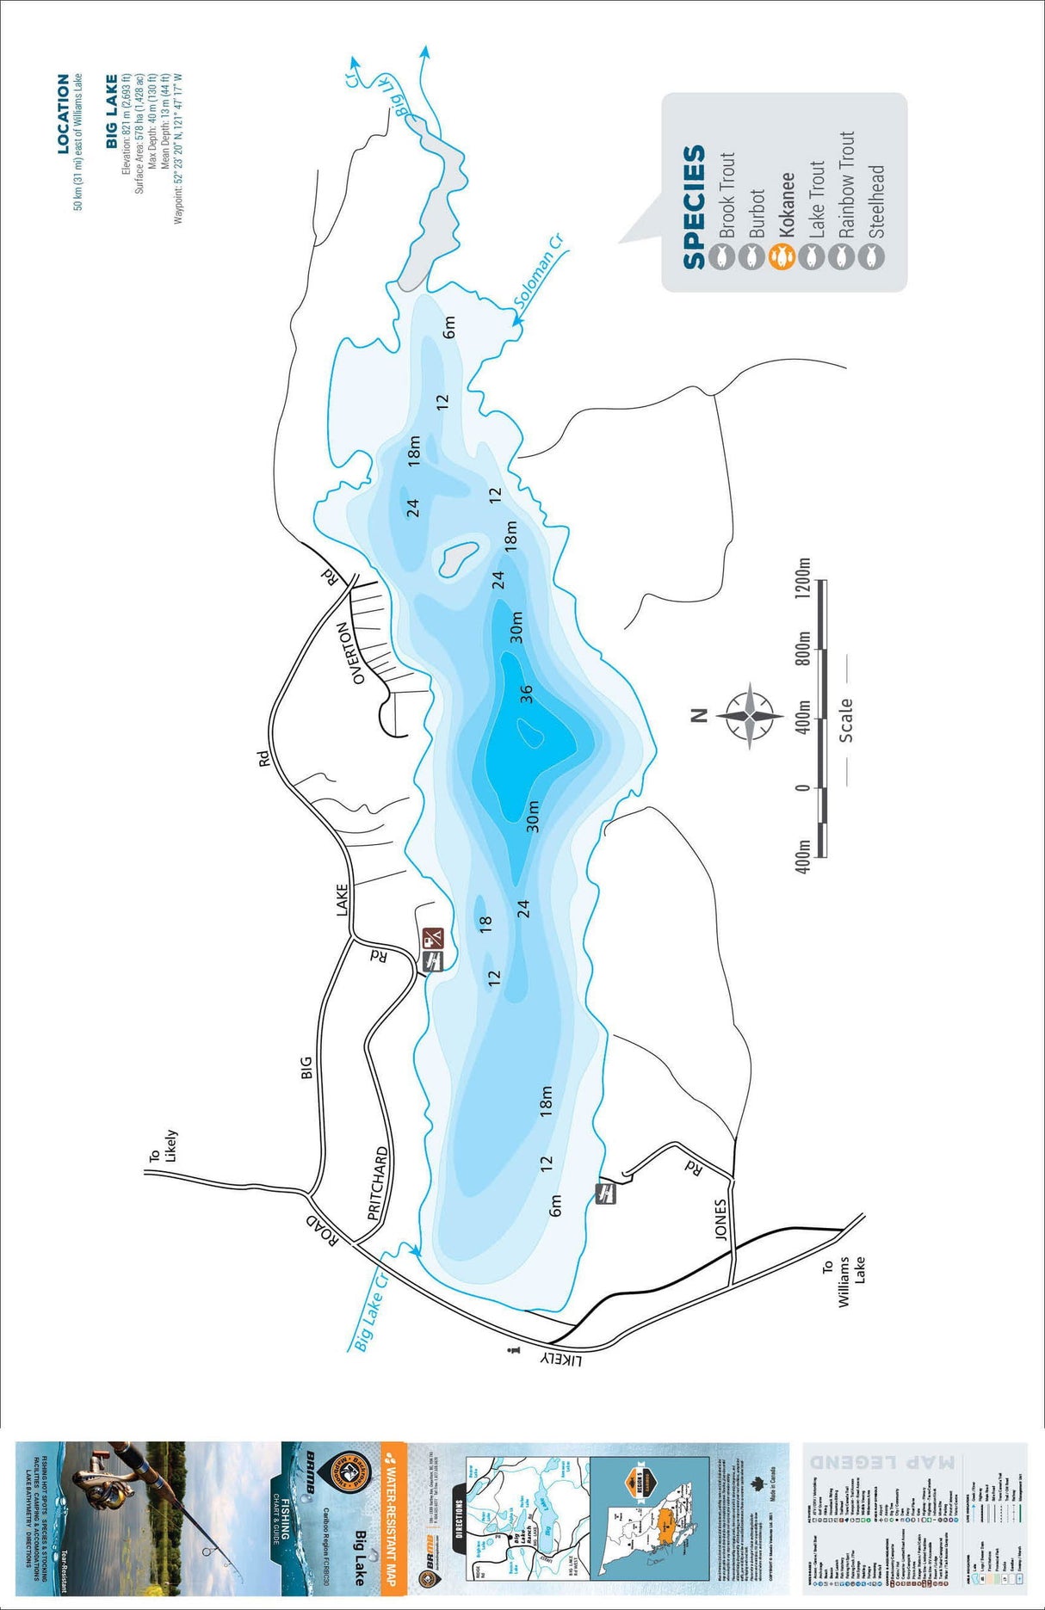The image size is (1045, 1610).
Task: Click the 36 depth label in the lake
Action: [x=526, y=692]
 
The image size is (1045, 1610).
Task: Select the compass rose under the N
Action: [x=751, y=715]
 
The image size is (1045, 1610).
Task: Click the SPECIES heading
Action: [x=695, y=207]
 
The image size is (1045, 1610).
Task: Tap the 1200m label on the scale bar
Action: [x=804, y=583]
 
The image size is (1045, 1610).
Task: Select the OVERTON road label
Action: [x=360, y=653]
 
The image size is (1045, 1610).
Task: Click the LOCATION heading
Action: [x=63, y=114]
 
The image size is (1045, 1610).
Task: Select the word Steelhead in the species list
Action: [x=876, y=201]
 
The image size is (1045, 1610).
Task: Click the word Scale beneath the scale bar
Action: [x=846, y=719]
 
